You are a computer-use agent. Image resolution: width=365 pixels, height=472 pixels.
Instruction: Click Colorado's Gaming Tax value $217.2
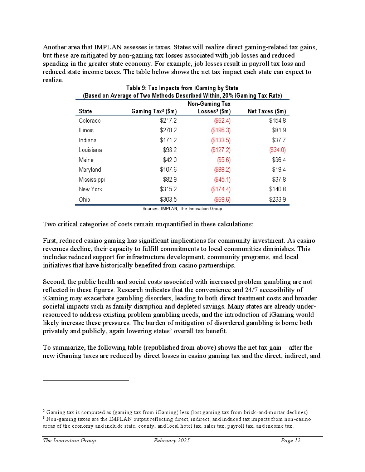168,121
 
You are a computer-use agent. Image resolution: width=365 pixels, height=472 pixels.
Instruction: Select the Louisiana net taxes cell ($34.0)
277,150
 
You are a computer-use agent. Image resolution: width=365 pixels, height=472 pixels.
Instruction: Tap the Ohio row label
84,200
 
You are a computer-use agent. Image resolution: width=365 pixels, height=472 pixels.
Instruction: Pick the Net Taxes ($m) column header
267,112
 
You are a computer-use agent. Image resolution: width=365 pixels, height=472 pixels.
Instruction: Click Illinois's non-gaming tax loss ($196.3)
220,131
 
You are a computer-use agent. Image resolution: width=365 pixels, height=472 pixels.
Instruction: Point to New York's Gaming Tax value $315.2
168,190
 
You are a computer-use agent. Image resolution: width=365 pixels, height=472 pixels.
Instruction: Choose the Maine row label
86,160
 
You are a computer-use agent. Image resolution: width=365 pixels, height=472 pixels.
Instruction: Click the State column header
85,112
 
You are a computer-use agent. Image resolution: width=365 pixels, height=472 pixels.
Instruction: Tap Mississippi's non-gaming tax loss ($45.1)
222,180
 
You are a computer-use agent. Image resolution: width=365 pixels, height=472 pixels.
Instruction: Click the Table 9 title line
182,88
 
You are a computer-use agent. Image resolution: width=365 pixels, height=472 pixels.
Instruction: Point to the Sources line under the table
182,209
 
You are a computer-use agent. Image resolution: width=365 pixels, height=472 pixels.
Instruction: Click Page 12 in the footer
290,441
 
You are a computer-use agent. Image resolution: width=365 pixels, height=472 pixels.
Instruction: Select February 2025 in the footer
172,441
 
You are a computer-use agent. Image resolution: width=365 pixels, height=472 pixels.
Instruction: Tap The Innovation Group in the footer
69,441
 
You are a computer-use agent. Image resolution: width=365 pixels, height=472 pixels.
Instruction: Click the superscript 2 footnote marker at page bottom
44,411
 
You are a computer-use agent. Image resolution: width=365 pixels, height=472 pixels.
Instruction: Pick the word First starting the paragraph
50,241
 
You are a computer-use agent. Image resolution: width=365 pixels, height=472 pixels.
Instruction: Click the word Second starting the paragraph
53,282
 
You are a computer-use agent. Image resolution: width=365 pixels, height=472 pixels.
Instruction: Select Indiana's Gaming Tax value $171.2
168,141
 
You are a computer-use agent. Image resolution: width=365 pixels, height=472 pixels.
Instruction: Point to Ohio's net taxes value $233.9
277,200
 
